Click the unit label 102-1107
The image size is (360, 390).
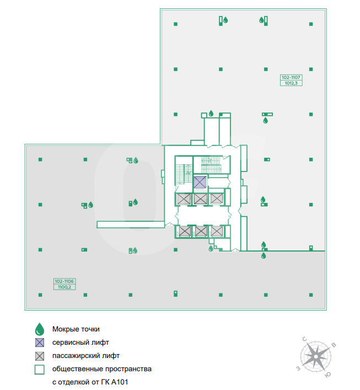coord(291,77)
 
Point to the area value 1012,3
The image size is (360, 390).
coord(291,83)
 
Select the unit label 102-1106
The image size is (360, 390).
coord(64,281)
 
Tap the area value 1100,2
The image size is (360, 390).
coord(65,287)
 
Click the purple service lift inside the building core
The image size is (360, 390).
coord(200,183)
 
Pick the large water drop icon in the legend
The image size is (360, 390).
coord(40,329)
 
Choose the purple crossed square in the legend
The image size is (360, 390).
coord(40,343)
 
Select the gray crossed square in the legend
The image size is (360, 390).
coord(40,356)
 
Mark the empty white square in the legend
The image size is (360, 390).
coord(40,370)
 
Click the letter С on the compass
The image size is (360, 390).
coord(304,339)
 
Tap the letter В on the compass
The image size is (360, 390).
coord(334,345)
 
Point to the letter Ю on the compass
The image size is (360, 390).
coord(328,375)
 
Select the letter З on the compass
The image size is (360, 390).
coord(298,368)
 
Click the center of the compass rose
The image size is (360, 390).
coord(316,357)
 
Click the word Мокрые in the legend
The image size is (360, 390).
coord(65,329)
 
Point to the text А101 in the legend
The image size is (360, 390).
coord(119,382)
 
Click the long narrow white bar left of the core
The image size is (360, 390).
coord(131,225)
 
